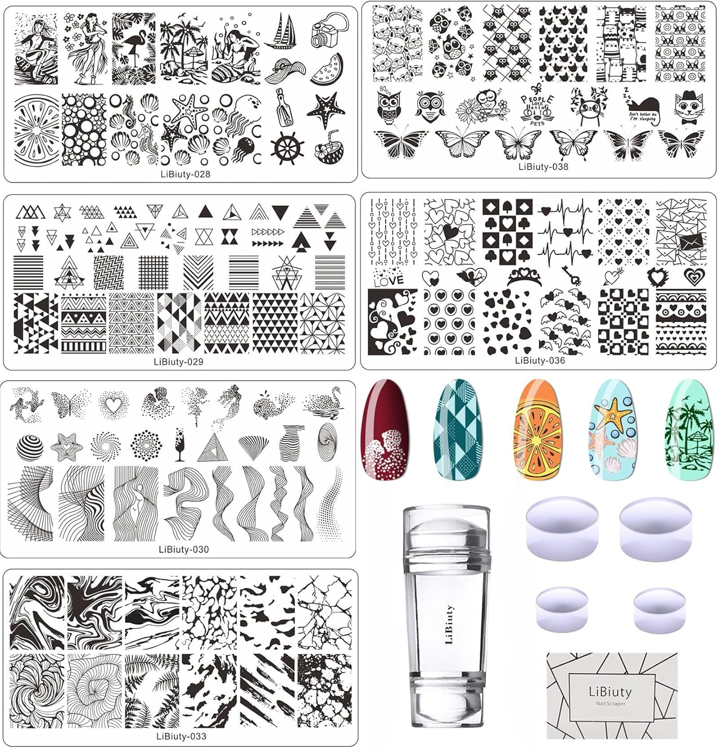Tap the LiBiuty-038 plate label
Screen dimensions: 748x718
(543, 167)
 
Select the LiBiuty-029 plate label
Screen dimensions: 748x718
(179, 362)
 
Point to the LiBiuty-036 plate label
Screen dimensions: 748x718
(540, 360)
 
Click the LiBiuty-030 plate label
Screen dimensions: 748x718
(183, 550)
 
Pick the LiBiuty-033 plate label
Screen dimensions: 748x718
(180, 736)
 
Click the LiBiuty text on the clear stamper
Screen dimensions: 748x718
(448, 625)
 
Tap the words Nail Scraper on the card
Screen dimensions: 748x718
(610, 704)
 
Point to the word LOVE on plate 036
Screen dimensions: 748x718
(388, 280)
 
